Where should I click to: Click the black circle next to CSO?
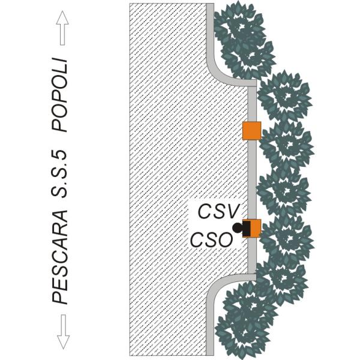[x=238, y=228]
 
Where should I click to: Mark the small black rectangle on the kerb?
[x=246, y=228]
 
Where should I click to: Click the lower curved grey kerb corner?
[x=217, y=288]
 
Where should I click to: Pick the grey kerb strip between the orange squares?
[x=253, y=180]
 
